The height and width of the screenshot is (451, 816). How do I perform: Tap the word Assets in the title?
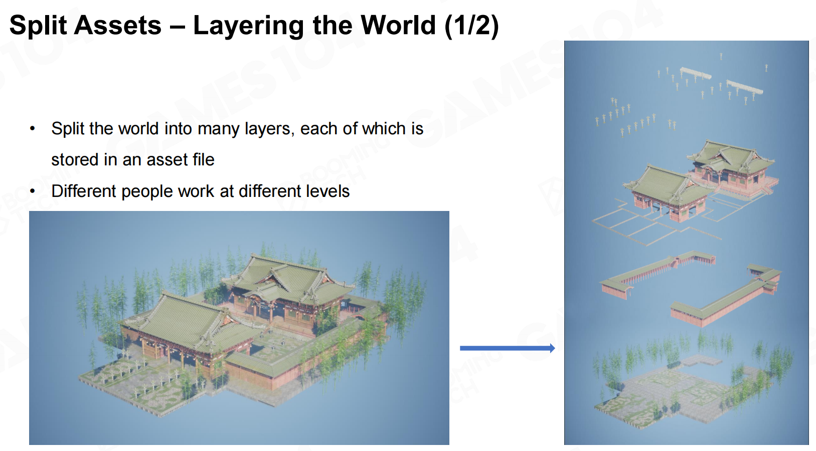tap(118, 26)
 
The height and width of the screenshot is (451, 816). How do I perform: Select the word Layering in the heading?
tap(248, 26)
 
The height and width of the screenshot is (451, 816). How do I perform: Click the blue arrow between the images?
tap(508, 348)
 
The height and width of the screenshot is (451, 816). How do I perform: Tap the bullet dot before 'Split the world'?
tap(33, 128)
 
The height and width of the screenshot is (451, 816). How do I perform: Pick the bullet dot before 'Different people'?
tap(33, 191)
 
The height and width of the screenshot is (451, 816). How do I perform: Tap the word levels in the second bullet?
tap(328, 191)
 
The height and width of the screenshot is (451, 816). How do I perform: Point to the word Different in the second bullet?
tap(83, 191)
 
